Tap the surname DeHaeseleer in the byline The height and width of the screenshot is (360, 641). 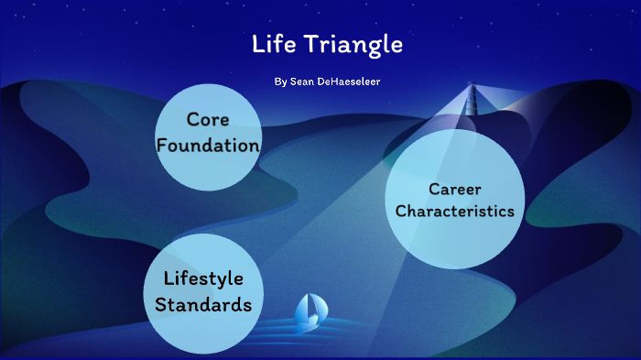coord(348,82)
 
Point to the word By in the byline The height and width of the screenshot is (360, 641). coord(280,82)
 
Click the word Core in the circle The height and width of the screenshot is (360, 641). coord(207,119)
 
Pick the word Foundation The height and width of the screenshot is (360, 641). coord(208,145)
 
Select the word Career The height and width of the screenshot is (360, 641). coord(455,189)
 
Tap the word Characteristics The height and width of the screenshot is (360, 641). coord(455,211)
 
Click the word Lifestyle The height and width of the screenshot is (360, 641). coord(202,278)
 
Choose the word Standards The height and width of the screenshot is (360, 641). coord(202,304)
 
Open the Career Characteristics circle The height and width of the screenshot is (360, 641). coord(455,200)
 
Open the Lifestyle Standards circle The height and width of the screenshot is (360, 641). coord(202,291)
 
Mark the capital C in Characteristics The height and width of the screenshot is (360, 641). coord(401,211)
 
